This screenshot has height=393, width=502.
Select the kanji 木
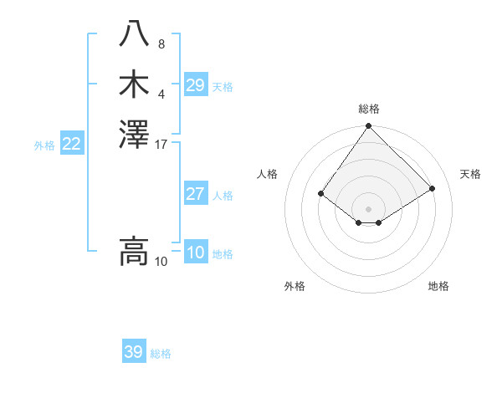[134, 85]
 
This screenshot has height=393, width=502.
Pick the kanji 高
[134, 251]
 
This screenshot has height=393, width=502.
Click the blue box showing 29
[195, 85]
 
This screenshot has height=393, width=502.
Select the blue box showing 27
[195, 195]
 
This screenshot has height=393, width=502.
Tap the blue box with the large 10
[195, 253]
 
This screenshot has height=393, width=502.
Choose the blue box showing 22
[71, 145]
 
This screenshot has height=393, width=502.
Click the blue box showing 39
[133, 352]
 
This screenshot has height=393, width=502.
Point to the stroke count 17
[161, 145]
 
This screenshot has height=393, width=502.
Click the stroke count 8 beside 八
[161, 44]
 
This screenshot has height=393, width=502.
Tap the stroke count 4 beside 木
[161, 93]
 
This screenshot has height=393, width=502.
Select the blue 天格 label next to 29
[223, 87]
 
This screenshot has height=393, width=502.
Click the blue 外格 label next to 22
[44, 145]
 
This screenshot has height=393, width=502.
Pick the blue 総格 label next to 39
[161, 354]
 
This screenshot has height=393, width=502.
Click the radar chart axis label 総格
[369, 109]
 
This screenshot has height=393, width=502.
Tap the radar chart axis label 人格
[268, 174]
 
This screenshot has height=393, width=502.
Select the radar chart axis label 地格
[438, 286]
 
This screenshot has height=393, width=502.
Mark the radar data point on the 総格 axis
[368, 126]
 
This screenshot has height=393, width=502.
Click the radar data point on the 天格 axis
[433, 188]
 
